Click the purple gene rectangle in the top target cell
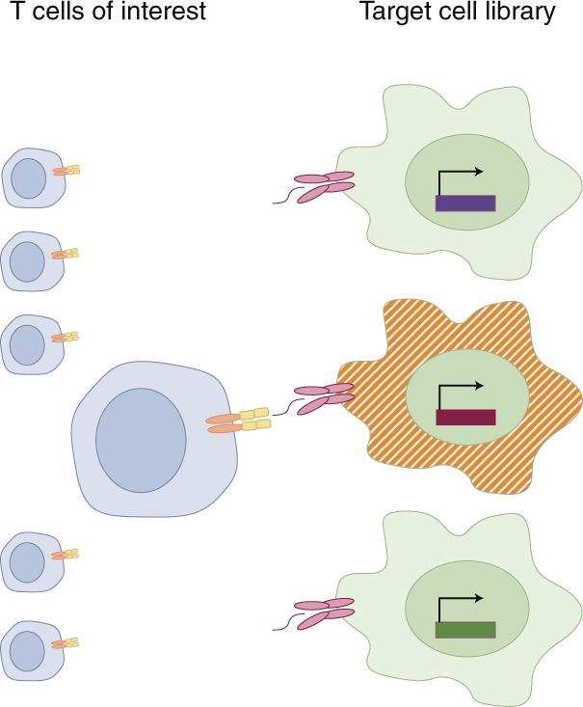point(465,203)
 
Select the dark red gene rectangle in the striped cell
point(465,417)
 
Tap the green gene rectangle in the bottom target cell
point(465,630)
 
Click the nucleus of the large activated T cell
point(141,440)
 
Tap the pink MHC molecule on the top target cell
point(325,184)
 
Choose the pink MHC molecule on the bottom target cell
point(325,612)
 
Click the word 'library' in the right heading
point(521,13)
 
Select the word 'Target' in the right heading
point(390,13)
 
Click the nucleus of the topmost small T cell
point(28,177)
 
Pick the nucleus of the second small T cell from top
point(27,261)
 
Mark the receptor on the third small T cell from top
point(66,338)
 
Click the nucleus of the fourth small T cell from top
point(27,562)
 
